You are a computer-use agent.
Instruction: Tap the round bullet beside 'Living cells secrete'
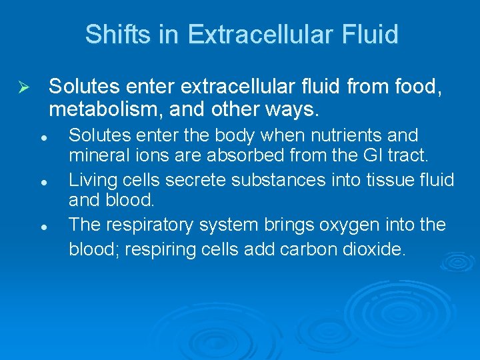(43, 181)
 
